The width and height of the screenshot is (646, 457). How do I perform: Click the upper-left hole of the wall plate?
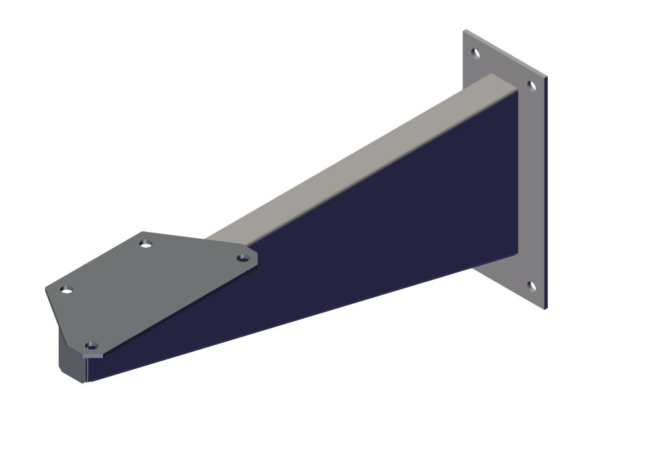(x=475, y=54)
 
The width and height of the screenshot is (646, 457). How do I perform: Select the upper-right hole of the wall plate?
(x=532, y=85)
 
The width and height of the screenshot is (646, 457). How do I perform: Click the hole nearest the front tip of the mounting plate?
(x=92, y=346)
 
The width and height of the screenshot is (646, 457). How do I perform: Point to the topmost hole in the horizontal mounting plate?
(x=146, y=244)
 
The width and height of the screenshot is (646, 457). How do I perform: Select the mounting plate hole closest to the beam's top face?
(x=243, y=258)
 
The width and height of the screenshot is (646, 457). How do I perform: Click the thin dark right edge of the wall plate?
(x=546, y=194)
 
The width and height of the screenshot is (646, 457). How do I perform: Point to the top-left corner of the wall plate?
(x=464, y=30)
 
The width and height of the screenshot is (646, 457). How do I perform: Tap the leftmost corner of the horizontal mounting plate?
(x=46, y=288)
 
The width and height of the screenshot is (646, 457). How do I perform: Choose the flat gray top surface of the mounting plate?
(x=149, y=284)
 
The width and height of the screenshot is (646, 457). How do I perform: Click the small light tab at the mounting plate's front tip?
(x=94, y=355)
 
